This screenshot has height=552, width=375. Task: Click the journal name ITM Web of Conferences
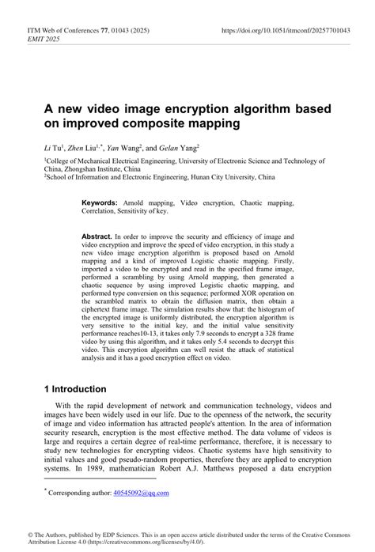57,31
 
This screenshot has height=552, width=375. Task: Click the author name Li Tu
53,148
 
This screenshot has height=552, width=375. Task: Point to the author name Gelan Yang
177,148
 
